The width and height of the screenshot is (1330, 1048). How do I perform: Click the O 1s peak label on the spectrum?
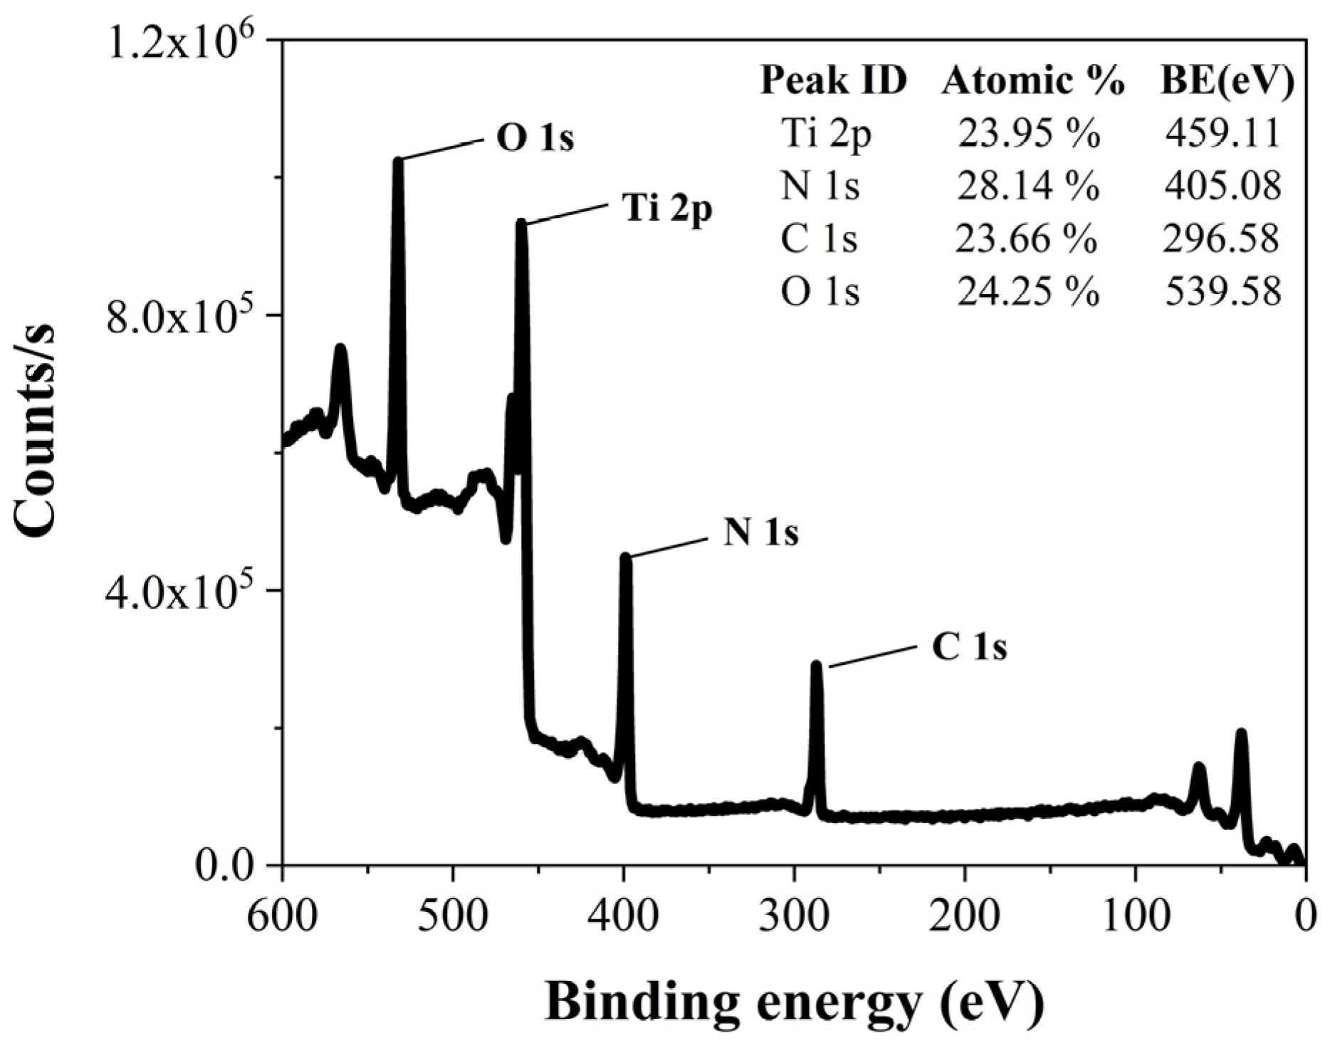pyautogui.click(x=535, y=140)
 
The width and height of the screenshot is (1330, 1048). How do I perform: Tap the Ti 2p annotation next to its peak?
pyautogui.click(x=667, y=209)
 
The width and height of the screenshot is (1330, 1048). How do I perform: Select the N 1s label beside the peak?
pyautogui.click(x=761, y=533)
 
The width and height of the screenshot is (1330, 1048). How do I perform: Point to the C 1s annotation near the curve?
pyautogui.click(x=970, y=649)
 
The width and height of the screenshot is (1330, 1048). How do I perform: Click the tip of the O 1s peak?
pyautogui.click(x=398, y=161)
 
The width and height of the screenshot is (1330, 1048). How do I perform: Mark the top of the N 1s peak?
pyautogui.click(x=626, y=557)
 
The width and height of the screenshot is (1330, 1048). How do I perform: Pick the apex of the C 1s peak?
pyautogui.click(x=816, y=665)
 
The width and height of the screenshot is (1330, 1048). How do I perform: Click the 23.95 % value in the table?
pyautogui.click(x=1028, y=132)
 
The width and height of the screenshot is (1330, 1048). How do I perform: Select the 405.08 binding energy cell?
pyautogui.click(x=1222, y=186)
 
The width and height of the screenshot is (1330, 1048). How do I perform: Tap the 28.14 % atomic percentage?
pyautogui.click(x=1028, y=186)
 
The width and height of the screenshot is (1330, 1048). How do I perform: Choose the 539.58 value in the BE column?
pyautogui.click(x=1222, y=291)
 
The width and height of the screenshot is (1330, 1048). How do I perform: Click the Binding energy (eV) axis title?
pyautogui.click(x=795, y=1004)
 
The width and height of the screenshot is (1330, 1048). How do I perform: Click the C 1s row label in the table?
pyautogui.click(x=819, y=239)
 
